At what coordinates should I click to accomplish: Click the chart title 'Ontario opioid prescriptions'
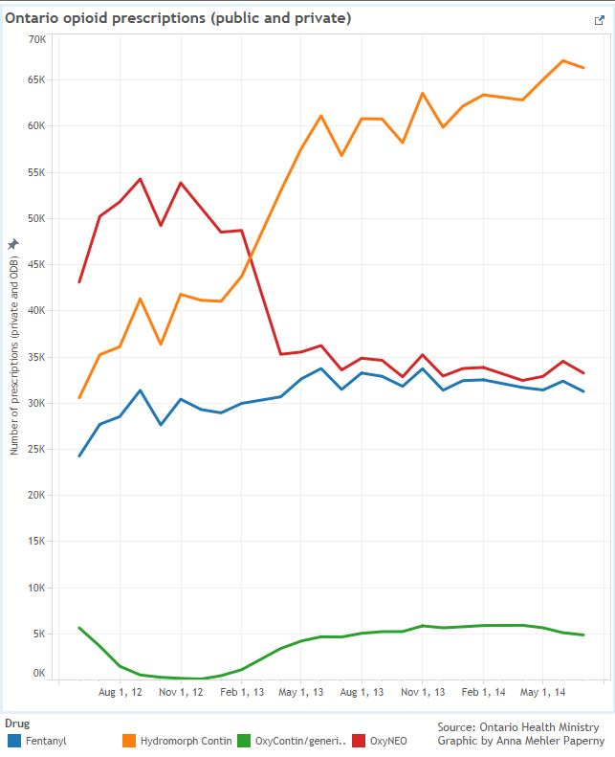click(x=178, y=18)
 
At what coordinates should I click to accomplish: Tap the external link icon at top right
click(x=599, y=19)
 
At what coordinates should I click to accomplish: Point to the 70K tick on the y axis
click(x=37, y=39)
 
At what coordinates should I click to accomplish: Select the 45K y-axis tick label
click(x=37, y=265)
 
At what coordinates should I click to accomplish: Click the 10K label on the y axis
click(x=37, y=588)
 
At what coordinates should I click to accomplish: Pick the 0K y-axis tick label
click(x=39, y=673)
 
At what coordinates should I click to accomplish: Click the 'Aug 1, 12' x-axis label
click(x=121, y=692)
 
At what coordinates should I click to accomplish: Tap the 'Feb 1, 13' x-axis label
click(x=242, y=692)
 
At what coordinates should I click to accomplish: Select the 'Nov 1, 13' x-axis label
click(x=423, y=692)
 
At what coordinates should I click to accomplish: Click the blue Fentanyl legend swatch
click(x=13, y=740)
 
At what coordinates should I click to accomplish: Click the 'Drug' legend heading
click(x=17, y=723)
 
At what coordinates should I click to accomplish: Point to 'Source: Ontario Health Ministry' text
click(x=518, y=727)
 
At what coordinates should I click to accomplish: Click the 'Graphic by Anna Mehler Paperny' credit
click(x=520, y=741)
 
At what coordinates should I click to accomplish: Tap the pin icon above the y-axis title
click(x=13, y=244)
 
